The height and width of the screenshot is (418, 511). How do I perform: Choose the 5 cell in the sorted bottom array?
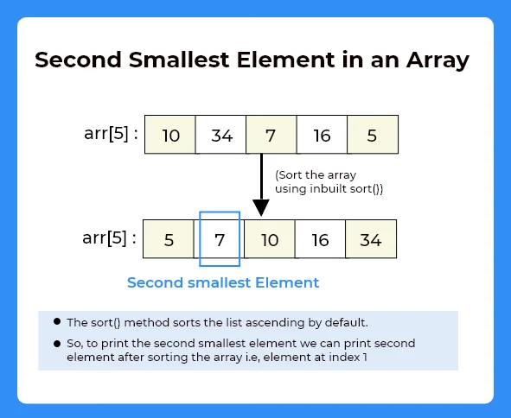(169, 240)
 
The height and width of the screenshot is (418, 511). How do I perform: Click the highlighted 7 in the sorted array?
(220, 240)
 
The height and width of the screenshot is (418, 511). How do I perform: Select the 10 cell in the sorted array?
(270, 240)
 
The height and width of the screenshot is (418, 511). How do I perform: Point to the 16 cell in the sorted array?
(320, 240)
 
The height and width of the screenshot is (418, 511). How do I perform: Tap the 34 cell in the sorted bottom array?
(370, 240)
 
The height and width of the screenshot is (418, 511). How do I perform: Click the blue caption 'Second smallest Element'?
(223, 282)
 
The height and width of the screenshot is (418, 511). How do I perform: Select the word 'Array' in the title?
(438, 61)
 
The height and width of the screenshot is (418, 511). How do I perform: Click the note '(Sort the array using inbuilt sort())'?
(329, 182)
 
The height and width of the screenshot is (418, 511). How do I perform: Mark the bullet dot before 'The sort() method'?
(57, 321)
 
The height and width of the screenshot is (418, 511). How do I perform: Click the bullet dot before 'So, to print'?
(57, 342)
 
